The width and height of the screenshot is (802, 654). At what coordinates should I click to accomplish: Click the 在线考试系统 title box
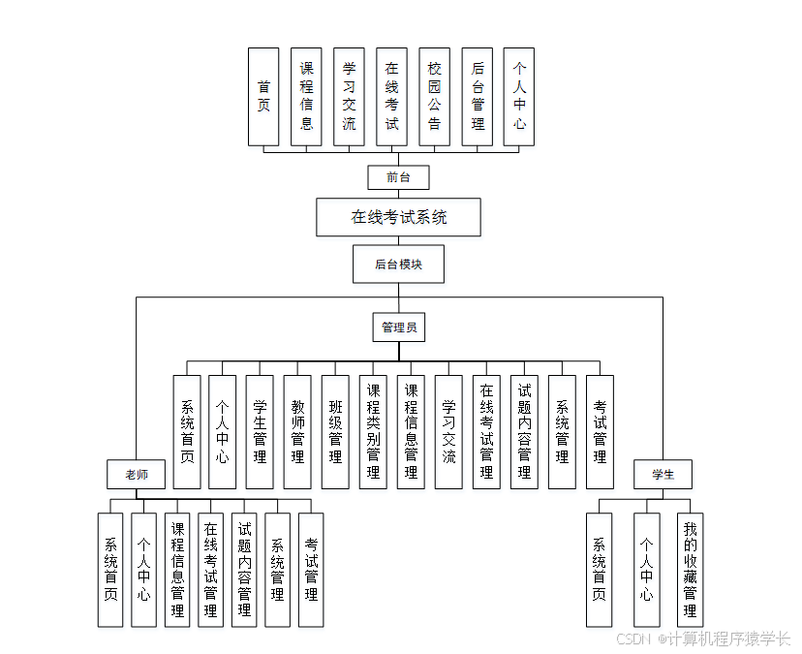398,217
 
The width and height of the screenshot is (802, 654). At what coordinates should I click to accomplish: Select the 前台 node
398,177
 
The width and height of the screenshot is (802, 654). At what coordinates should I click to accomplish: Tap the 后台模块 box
398,264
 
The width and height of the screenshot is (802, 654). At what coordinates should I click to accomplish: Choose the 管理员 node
398,327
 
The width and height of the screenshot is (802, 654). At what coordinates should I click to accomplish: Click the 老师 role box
136,475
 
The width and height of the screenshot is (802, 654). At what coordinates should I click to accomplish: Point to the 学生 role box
663,475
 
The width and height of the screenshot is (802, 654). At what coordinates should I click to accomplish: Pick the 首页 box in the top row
263,97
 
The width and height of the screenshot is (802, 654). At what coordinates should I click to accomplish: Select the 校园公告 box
434,97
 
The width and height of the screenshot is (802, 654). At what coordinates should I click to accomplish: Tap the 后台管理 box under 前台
477,97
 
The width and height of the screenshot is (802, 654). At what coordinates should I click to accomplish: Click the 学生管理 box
260,432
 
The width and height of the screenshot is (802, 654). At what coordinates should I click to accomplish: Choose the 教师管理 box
297,432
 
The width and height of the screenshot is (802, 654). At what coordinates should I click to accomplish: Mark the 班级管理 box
335,432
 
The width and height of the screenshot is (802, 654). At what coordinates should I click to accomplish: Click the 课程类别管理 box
373,432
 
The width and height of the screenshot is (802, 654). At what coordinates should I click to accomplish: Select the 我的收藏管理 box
690,570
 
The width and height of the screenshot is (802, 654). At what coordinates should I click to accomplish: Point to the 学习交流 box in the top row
349,97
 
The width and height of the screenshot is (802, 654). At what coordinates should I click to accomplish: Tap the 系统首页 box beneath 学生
600,570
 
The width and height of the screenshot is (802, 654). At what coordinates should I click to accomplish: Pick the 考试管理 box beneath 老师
310,570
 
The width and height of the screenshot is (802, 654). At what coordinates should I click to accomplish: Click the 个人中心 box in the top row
519,97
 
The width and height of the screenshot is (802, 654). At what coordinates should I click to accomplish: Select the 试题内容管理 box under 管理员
524,432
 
